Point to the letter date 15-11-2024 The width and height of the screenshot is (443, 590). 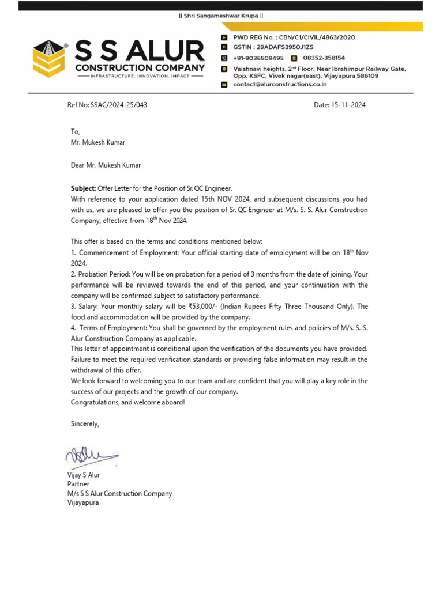coord(348,105)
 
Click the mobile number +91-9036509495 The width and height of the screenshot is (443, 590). coord(258,58)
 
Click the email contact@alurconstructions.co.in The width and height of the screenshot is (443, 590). coord(280,84)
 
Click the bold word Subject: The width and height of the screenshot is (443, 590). coord(84,188)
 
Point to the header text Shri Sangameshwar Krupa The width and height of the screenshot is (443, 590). coord(221,16)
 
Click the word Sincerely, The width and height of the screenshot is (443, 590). coord(85,424)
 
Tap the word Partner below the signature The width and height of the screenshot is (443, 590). coord(78,485)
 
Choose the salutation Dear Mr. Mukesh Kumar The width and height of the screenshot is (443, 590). coord(106,165)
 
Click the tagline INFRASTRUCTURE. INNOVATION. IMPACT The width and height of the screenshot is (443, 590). coord(140,76)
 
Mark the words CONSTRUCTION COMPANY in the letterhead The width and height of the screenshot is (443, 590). coord(140,68)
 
